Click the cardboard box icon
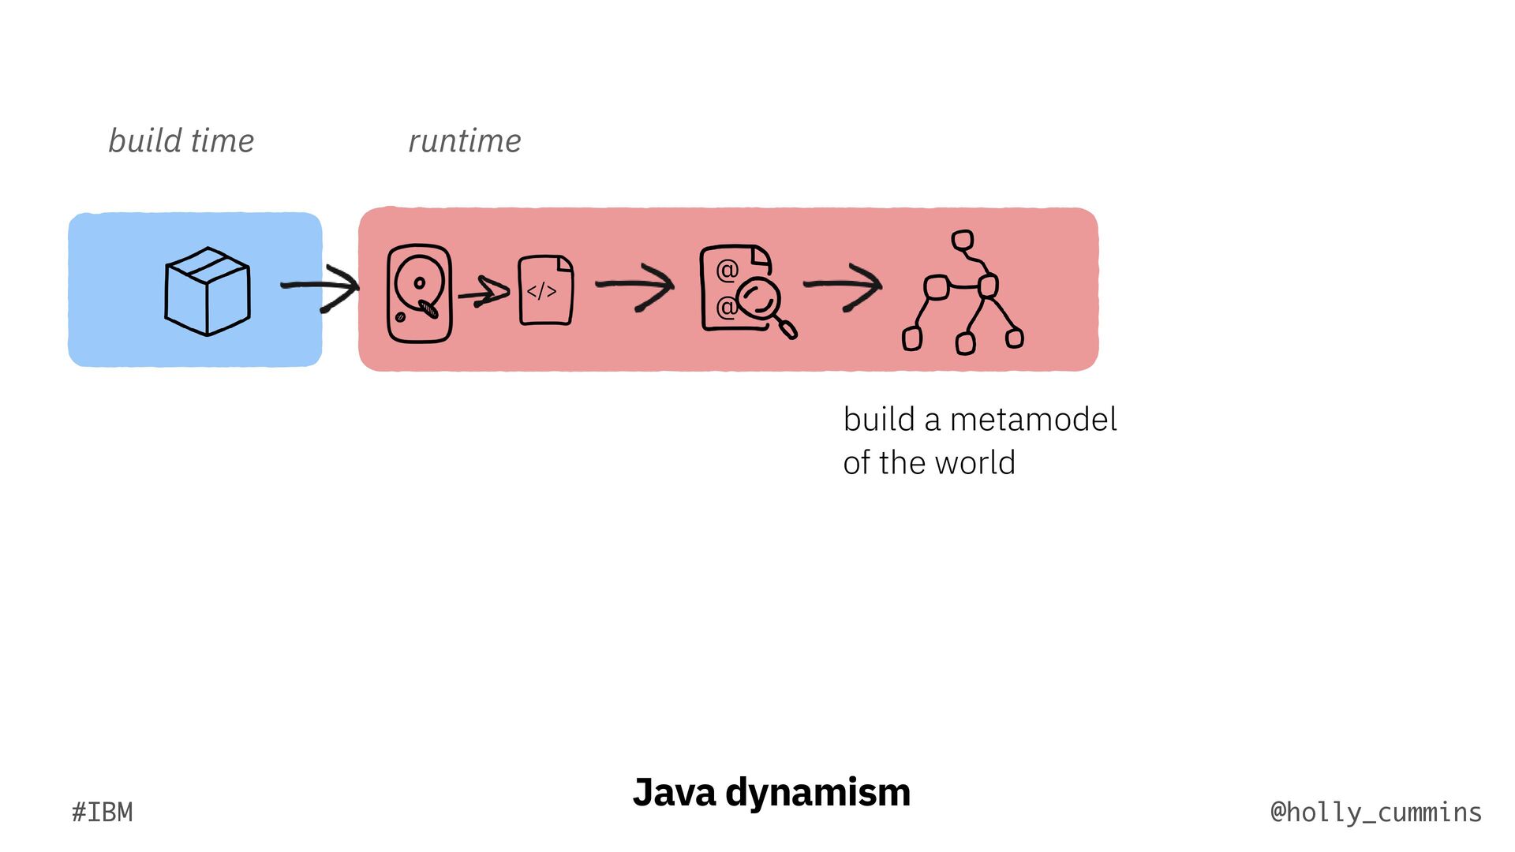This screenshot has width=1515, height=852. tap(208, 291)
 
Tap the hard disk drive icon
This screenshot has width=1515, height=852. tap(419, 293)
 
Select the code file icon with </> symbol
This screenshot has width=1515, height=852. tap(545, 290)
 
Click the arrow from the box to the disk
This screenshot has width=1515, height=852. tap(320, 287)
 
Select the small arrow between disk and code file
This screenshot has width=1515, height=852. tap(483, 293)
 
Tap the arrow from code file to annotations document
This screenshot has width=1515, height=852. tap(634, 286)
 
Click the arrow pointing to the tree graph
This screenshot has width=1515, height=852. tap(843, 285)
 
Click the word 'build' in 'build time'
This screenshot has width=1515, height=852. tap(145, 140)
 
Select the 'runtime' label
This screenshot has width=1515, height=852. tap(464, 141)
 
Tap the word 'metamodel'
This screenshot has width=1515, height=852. tap(1033, 420)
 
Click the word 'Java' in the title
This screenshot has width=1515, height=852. tap(673, 792)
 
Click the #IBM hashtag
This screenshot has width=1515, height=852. tap(103, 813)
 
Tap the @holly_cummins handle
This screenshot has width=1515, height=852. tap(1376, 813)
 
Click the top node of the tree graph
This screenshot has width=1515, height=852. tap(963, 240)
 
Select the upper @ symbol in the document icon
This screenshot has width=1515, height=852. tap(727, 271)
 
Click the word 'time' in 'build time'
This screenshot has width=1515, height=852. tap(223, 140)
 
